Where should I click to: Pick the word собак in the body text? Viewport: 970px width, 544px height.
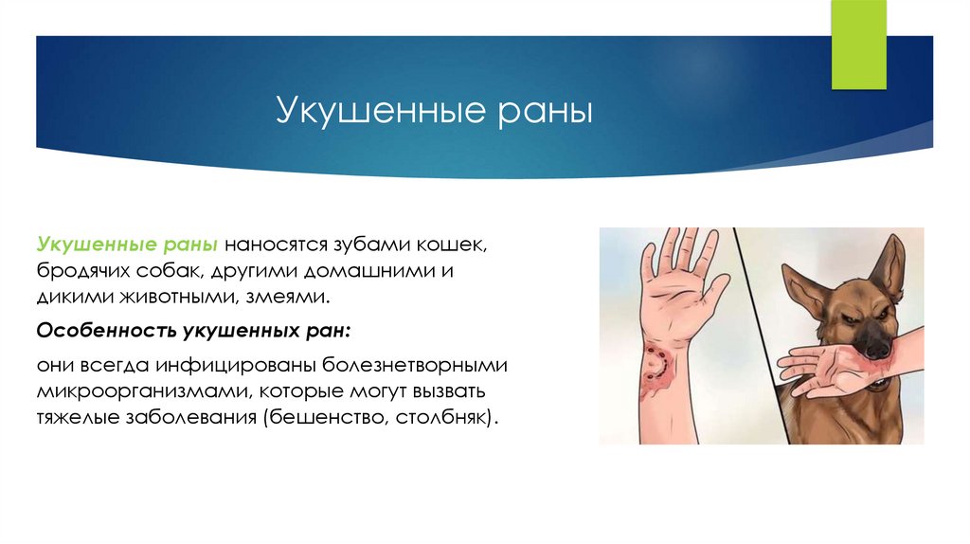click(161, 271)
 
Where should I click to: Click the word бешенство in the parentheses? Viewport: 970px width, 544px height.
click(324, 416)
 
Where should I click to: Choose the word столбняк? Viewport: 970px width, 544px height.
click(442, 416)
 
